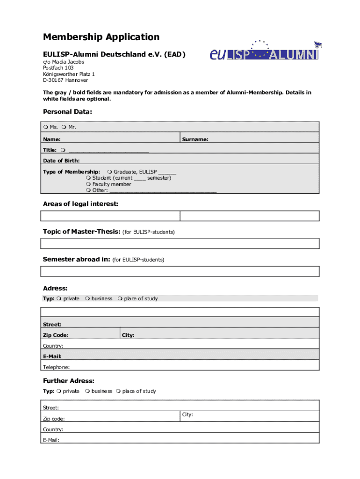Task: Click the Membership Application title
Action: click(x=101, y=37)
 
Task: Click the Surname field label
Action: click(x=195, y=139)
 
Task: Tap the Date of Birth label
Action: click(x=61, y=160)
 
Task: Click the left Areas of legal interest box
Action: click(x=110, y=216)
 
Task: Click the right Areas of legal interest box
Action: click(x=250, y=216)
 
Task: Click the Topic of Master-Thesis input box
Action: click(x=180, y=244)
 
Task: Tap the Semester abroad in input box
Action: click(x=180, y=271)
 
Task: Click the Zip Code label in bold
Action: click(x=56, y=335)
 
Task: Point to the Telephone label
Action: click(x=56, y=367)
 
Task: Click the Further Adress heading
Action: click(x=68, y=381)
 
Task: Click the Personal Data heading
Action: click(x=67, y=112)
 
